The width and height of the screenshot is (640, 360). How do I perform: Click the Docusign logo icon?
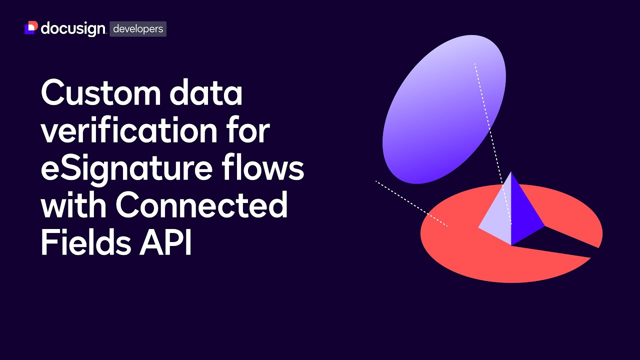point(31,28)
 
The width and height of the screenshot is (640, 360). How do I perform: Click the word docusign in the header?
point(73,29)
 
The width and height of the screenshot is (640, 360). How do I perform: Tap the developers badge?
point(138,29)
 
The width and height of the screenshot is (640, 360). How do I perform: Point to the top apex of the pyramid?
point(510,173)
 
